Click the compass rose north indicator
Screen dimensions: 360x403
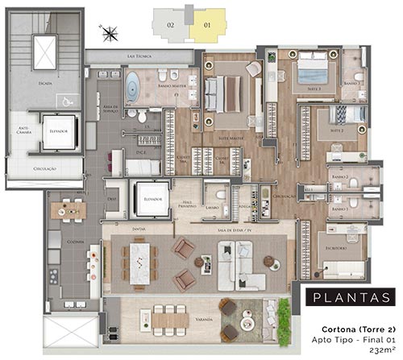tap(110, 33)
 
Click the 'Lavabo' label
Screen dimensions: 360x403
tap(212, 208)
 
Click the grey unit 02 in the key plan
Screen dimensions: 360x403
tap(171, 24)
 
